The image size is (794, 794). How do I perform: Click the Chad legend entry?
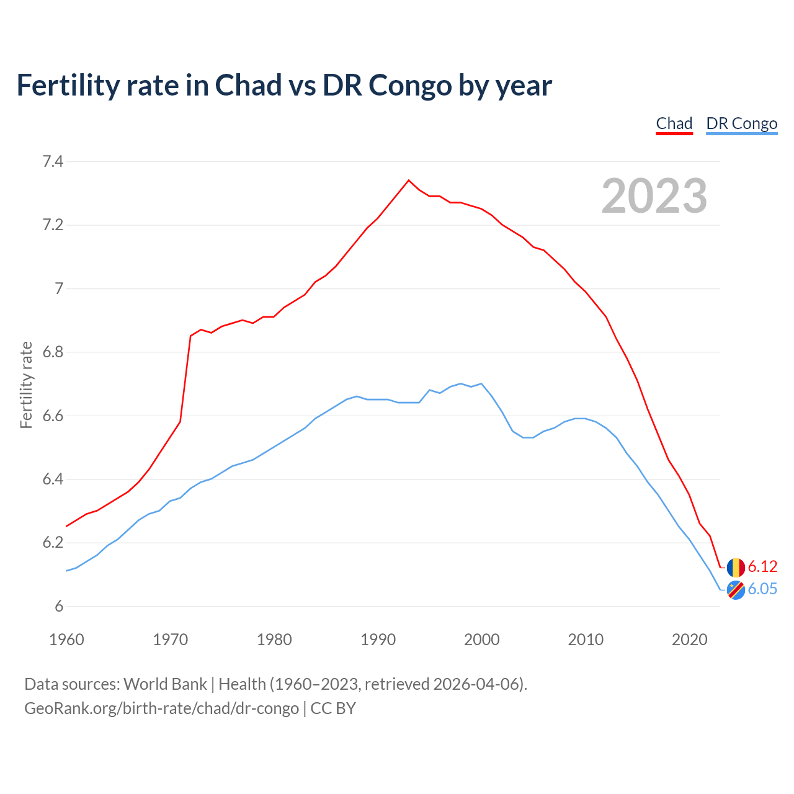pyautogui.click(x=674, y=123)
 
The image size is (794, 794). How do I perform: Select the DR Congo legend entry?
pyautogui.click(x=741, y=123)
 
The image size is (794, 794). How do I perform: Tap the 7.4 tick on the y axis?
pyautogui.click(x=53, y=162)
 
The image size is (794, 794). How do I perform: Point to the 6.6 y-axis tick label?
pyautogui.click(x=53, y=416)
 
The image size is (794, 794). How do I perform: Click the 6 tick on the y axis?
pyautogui.click(x=59, y=607)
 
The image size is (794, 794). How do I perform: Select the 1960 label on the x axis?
pyautogui.click(x=66, y=640)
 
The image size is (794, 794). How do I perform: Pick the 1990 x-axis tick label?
pyautogui.click(x=378, y=640)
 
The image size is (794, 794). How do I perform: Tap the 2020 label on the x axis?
pyautogui.click(x=689, y=640)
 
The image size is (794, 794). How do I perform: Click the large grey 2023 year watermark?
pyautogui.click(x=654, y=196)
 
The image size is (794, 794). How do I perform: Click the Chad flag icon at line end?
pyautogui.click(x=736, y=567)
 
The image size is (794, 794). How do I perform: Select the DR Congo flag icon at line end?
pyautogui.click(x=736, y=590)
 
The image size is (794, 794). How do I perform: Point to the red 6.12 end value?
pyautogui.click(x=762, y=566)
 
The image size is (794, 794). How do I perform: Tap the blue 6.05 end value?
pyautogui.click(x=762, y=589)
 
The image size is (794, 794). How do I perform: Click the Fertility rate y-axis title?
pyautogui.click(x=26, y=385)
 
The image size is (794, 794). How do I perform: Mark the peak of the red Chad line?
pyautogui.click(x=408, y=181)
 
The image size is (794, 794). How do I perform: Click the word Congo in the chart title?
pyautogui.click(x=410, y=86)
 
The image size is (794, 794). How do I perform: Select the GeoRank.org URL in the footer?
pyautogui.click(x=161, y=708)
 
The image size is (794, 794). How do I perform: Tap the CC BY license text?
pyautogui.click(x=333, y=708)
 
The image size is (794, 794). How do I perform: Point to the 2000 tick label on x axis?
pyautogui.click(x=481, y=640)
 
